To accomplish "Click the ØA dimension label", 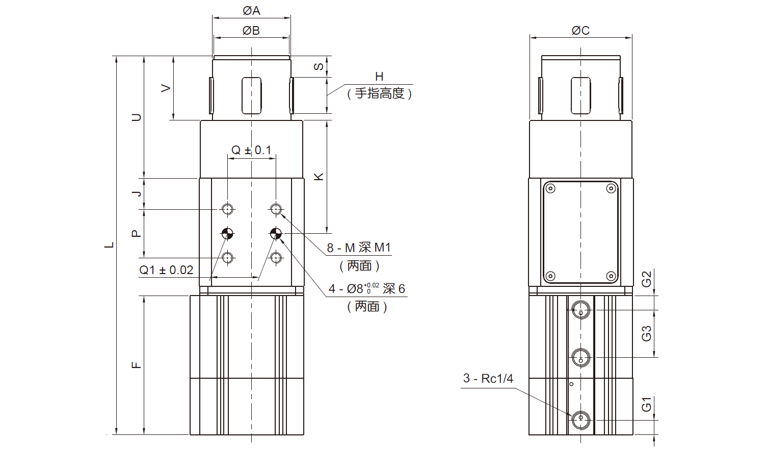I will [251, 10].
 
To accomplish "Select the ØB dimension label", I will [251, 31].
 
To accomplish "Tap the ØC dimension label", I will [580, 31].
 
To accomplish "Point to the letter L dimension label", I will [109, 245].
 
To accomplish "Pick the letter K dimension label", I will [319, 177].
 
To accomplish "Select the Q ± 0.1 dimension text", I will [251, 150].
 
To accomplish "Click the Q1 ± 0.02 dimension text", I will [167, 270].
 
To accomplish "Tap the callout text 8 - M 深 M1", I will [359, 248].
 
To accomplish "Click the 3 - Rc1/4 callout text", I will [488, 378].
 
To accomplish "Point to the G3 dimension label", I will [646, 333].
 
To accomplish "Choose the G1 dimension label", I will [646, 404].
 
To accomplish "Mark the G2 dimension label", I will [646, 279].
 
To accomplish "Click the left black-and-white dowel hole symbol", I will [227, 234].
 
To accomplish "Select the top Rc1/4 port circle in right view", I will [581, 309].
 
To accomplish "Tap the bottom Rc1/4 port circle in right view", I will [581, 420].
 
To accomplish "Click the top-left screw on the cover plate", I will [550, 189].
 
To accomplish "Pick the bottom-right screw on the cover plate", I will [611, 276].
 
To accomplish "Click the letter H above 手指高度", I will [379, 77].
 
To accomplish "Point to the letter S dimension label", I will [319, 67].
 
